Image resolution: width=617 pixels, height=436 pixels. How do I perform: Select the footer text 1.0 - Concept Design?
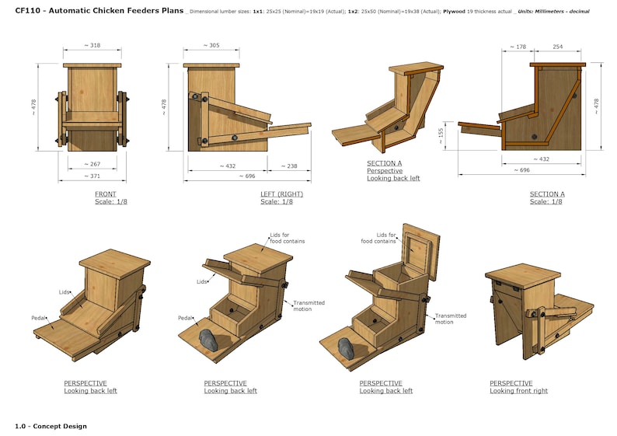click(x=51, y=426)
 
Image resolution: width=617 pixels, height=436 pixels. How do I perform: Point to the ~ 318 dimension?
click(x=92, y=46)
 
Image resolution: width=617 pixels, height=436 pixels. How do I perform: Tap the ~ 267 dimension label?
click(x=92, y=165)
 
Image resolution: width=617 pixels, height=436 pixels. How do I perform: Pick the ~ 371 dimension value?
click(x=92, y=176)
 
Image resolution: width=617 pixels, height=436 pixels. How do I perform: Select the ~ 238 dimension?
click(x=288, y=166)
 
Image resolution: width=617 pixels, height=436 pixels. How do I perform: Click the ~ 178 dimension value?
click(x=518, y=47)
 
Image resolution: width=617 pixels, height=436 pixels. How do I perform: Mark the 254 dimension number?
click(x=558, y=47)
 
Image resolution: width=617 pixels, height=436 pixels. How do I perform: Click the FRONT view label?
click(x=106, y=194)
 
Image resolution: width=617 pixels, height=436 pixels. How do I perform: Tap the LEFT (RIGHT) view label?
click(x=281, y=194)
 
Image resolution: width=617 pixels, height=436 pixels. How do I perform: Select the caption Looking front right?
click(x=518, y=391)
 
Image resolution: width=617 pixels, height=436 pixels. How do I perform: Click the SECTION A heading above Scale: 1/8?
click(x=547, y=194)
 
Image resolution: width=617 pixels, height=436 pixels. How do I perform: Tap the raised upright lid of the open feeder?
click(x=421, y=247)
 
